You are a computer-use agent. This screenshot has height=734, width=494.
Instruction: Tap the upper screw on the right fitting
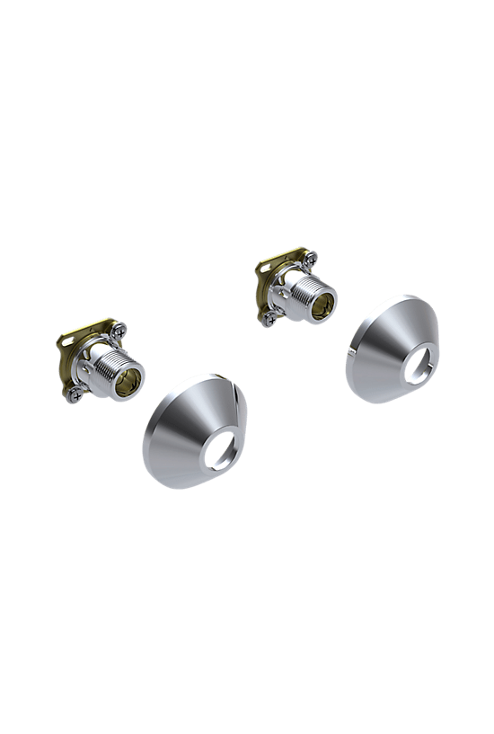click(x=311, y=259)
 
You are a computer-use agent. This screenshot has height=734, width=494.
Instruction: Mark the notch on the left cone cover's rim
click(x=232, y=385)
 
